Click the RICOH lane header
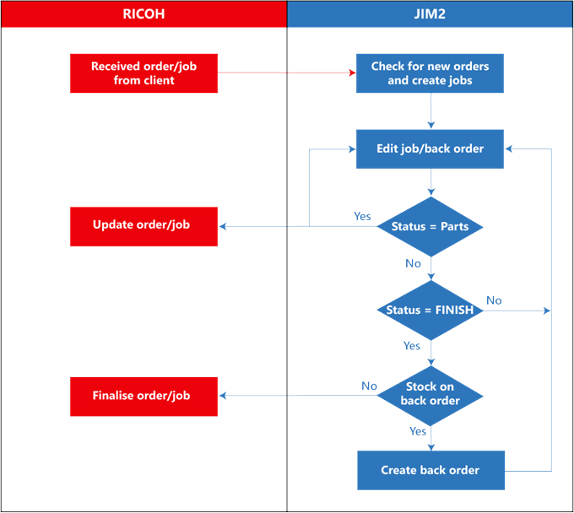143,13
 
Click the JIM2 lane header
430,13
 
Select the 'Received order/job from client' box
143,73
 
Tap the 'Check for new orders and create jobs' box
430,73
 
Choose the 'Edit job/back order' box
430,148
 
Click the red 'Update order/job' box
143,225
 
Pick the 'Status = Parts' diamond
430,226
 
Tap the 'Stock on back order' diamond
430,394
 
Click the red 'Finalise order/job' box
143,395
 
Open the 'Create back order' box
430,470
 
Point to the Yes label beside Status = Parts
362,216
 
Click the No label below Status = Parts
413,263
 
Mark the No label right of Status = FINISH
494,300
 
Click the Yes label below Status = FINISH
412,346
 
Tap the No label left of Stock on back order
369,386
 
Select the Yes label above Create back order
418,431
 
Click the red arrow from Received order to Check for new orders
287,73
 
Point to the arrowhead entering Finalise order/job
222,395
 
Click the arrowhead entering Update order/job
222,226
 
